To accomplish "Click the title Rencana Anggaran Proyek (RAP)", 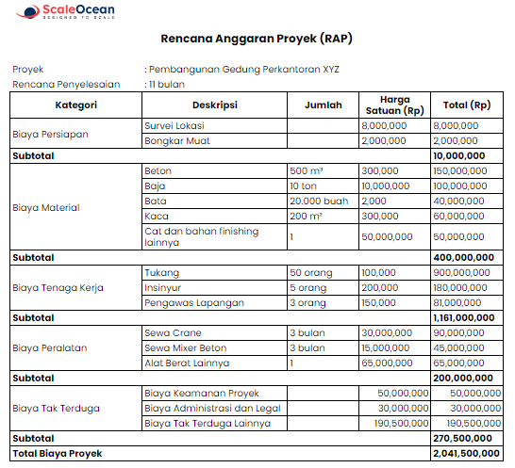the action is (257, 39).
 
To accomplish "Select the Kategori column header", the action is (75, 105).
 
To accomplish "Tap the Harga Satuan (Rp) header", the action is (394, 105).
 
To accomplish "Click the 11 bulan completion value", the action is (165, 84).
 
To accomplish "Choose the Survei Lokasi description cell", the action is (174, 125).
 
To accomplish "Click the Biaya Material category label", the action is (46, 207).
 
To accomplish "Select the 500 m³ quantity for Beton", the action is (306, 171).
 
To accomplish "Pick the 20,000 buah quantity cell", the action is (320, 201).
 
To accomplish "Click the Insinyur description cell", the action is (164, 287).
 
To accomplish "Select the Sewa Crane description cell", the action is (173, 332).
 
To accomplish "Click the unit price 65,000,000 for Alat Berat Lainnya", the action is (387, 362).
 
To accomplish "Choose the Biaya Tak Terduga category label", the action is (55, 408).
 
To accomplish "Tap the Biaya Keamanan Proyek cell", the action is (201, 393).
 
